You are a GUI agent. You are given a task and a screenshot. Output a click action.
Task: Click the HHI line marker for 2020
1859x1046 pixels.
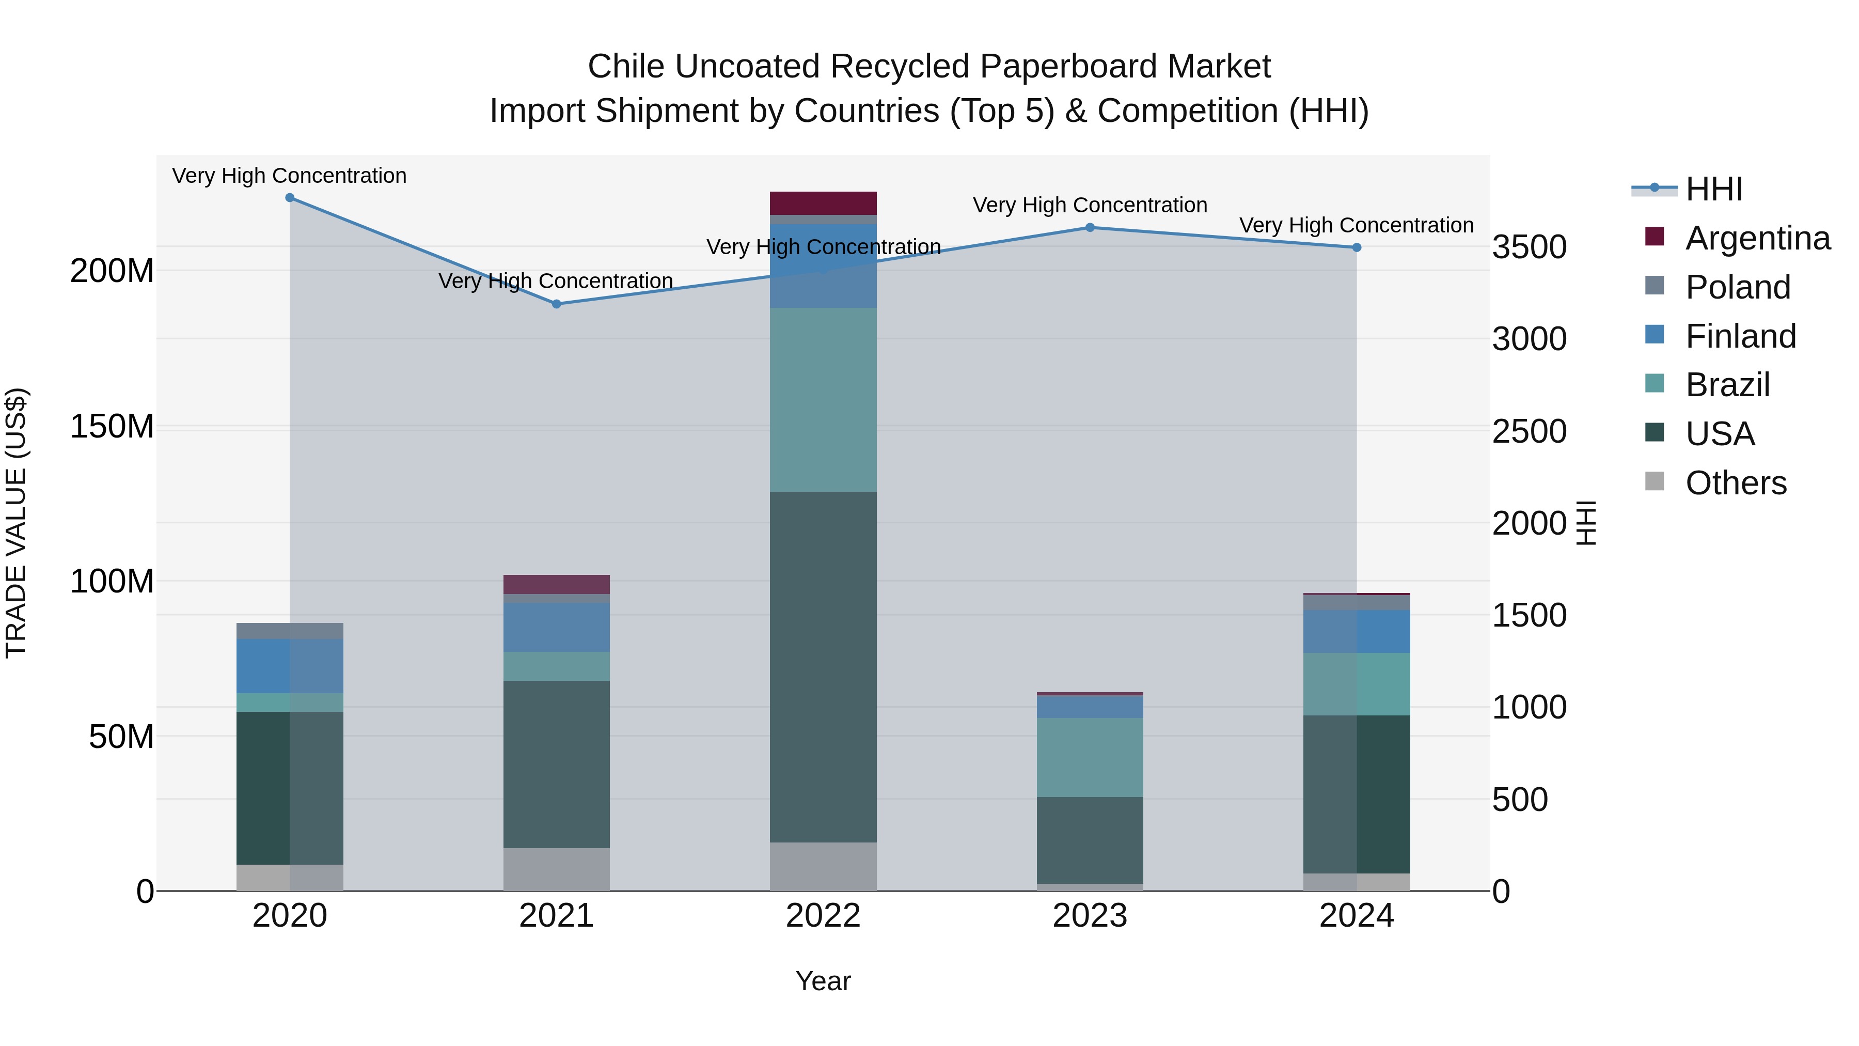click(290, 198)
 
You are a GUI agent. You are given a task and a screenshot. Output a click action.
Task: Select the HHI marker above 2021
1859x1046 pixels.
click(556, 304)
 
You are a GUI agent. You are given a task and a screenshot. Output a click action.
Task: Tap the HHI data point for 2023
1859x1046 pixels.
click(1091, 227)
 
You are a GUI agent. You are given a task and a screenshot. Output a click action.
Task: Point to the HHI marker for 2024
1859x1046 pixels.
click(1357, 247)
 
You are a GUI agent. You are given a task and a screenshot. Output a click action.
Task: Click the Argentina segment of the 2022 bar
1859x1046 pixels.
click(824, 203)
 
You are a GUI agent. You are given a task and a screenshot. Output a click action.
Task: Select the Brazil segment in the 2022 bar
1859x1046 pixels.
click(824, 399)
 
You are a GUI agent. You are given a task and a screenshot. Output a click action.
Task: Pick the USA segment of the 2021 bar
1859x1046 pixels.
click(556, 764)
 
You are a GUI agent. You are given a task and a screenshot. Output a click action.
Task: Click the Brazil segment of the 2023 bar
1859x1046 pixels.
click(1091, 757)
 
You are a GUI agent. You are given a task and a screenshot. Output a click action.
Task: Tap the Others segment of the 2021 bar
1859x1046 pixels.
click(556, 869)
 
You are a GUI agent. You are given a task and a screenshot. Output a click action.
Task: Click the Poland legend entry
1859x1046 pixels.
click(1738, 287)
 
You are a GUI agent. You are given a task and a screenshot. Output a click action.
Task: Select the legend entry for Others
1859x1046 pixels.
click(1736, 483)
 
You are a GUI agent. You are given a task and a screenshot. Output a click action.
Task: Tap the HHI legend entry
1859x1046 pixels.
click(1714, 189)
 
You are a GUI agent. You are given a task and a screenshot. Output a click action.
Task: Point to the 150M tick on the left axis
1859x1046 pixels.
click(112, 426)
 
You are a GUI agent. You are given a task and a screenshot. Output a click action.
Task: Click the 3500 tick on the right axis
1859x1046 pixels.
click(1529, 247)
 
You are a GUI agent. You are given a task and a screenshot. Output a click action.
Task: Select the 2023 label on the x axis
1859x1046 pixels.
click(1091, 916)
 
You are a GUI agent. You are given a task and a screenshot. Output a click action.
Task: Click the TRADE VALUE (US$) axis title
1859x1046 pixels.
click(16, 523)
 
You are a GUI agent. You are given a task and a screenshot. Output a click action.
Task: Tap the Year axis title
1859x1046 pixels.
click(824, 981)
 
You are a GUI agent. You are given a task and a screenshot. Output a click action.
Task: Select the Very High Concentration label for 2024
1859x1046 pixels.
click(1357, 225)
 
